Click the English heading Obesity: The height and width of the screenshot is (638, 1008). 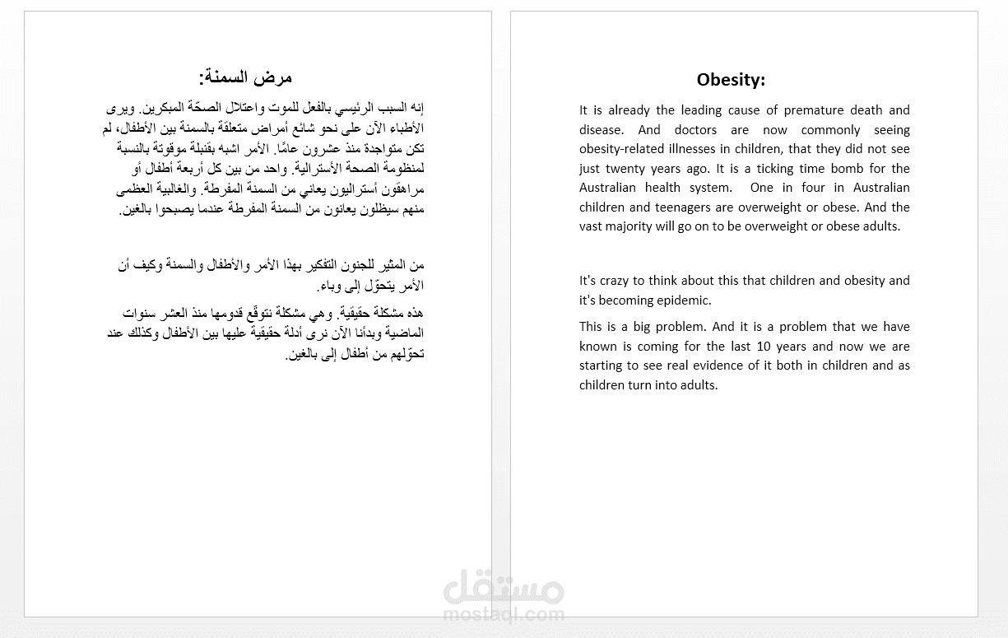(x=731, y=80)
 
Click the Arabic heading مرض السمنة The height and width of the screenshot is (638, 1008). (x=245, y=78)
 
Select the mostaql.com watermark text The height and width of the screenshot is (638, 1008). (x=504, y=614)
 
